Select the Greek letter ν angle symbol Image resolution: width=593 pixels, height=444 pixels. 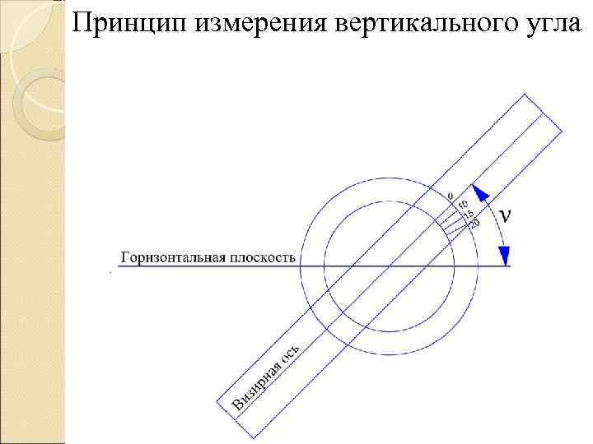click(x=505, y=215)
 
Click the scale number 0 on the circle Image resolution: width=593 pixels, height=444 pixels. click(x=450, y=195)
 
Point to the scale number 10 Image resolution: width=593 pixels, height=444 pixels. click(x=462, y=204)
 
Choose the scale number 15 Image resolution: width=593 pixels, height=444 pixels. click(x=468, y=214)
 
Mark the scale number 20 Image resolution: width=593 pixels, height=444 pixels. click(x=474, y=224)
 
